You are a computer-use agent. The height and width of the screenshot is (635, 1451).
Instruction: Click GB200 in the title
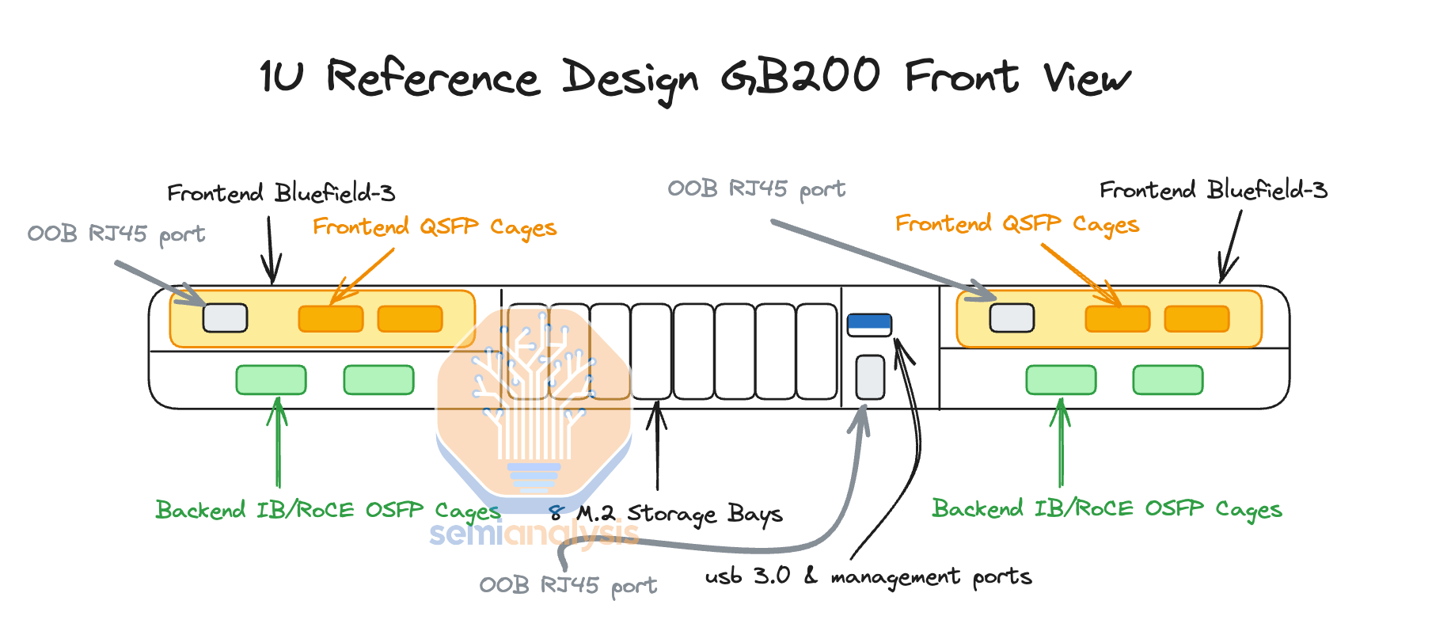coord(800,77)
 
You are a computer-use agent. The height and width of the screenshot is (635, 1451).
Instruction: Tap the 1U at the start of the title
coord(282,77)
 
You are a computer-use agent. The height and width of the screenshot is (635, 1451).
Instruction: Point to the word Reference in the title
coord(432,78)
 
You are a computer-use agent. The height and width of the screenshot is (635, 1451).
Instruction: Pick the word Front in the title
coord(961,77)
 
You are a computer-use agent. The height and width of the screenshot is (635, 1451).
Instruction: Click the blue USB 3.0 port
coord(869,324)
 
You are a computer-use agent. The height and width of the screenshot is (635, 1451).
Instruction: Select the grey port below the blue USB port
coord(870,377)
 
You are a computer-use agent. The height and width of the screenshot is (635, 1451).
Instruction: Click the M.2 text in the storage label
coord(595,513)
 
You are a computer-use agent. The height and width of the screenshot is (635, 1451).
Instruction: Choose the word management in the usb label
coord(895,577)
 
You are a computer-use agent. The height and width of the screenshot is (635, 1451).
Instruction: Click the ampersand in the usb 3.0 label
coord(811,575)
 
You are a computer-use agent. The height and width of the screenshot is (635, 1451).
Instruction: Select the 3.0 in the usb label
coord(771,575)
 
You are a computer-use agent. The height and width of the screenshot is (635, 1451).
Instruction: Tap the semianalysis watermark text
coord(534,534)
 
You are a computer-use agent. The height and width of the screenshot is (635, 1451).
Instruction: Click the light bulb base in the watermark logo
coord(534,476)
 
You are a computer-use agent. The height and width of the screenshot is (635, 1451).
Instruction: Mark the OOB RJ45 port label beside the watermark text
coord(568,585)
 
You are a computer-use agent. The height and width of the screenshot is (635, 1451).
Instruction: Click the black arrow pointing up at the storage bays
coord(656,443)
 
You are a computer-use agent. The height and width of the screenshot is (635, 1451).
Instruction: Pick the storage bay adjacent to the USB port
coord(817,352)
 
